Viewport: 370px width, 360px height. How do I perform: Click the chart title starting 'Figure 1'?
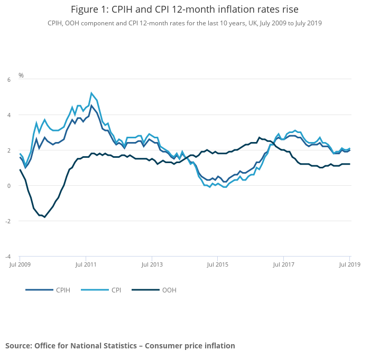(184, 10)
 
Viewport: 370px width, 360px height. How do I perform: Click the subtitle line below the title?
(184, 23)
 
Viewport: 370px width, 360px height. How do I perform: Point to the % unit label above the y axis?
(21, 75)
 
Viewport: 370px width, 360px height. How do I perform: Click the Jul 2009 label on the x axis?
(20, 263)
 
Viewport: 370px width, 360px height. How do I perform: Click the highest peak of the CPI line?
(91, 93)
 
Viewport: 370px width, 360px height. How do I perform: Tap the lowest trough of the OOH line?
(44, 217)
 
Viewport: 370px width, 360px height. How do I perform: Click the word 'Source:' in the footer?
(18, 346)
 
